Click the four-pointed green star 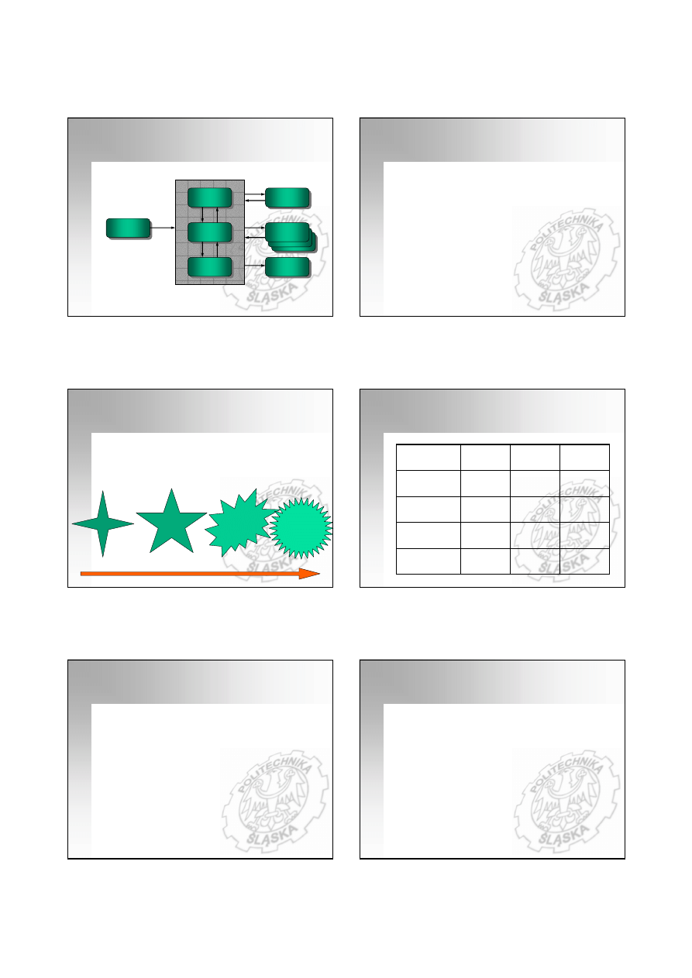(x=102, y=523)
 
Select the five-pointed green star (x=171, y=524)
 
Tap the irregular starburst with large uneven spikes (x=240, y=523)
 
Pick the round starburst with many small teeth (x=301, y=528)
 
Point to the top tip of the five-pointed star (x=171, y=489)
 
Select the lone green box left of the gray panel (x=129, y=228)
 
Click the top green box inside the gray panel (x=210, y=197)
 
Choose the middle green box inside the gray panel (x=210, y=232)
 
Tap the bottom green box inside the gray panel (x=210, y=267)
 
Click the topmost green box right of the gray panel (x=287, y=197)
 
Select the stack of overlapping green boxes (x=291, y=237)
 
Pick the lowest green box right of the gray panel (x=287, y=267)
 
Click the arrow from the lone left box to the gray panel (x=163, y=228)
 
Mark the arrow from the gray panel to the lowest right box (x=255, y=266)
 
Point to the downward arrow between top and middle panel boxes (x=203, y=215)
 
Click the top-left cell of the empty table (x=428, y=458)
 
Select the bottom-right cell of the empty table (x=584, y=561)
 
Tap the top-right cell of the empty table (x=584, y=458)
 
